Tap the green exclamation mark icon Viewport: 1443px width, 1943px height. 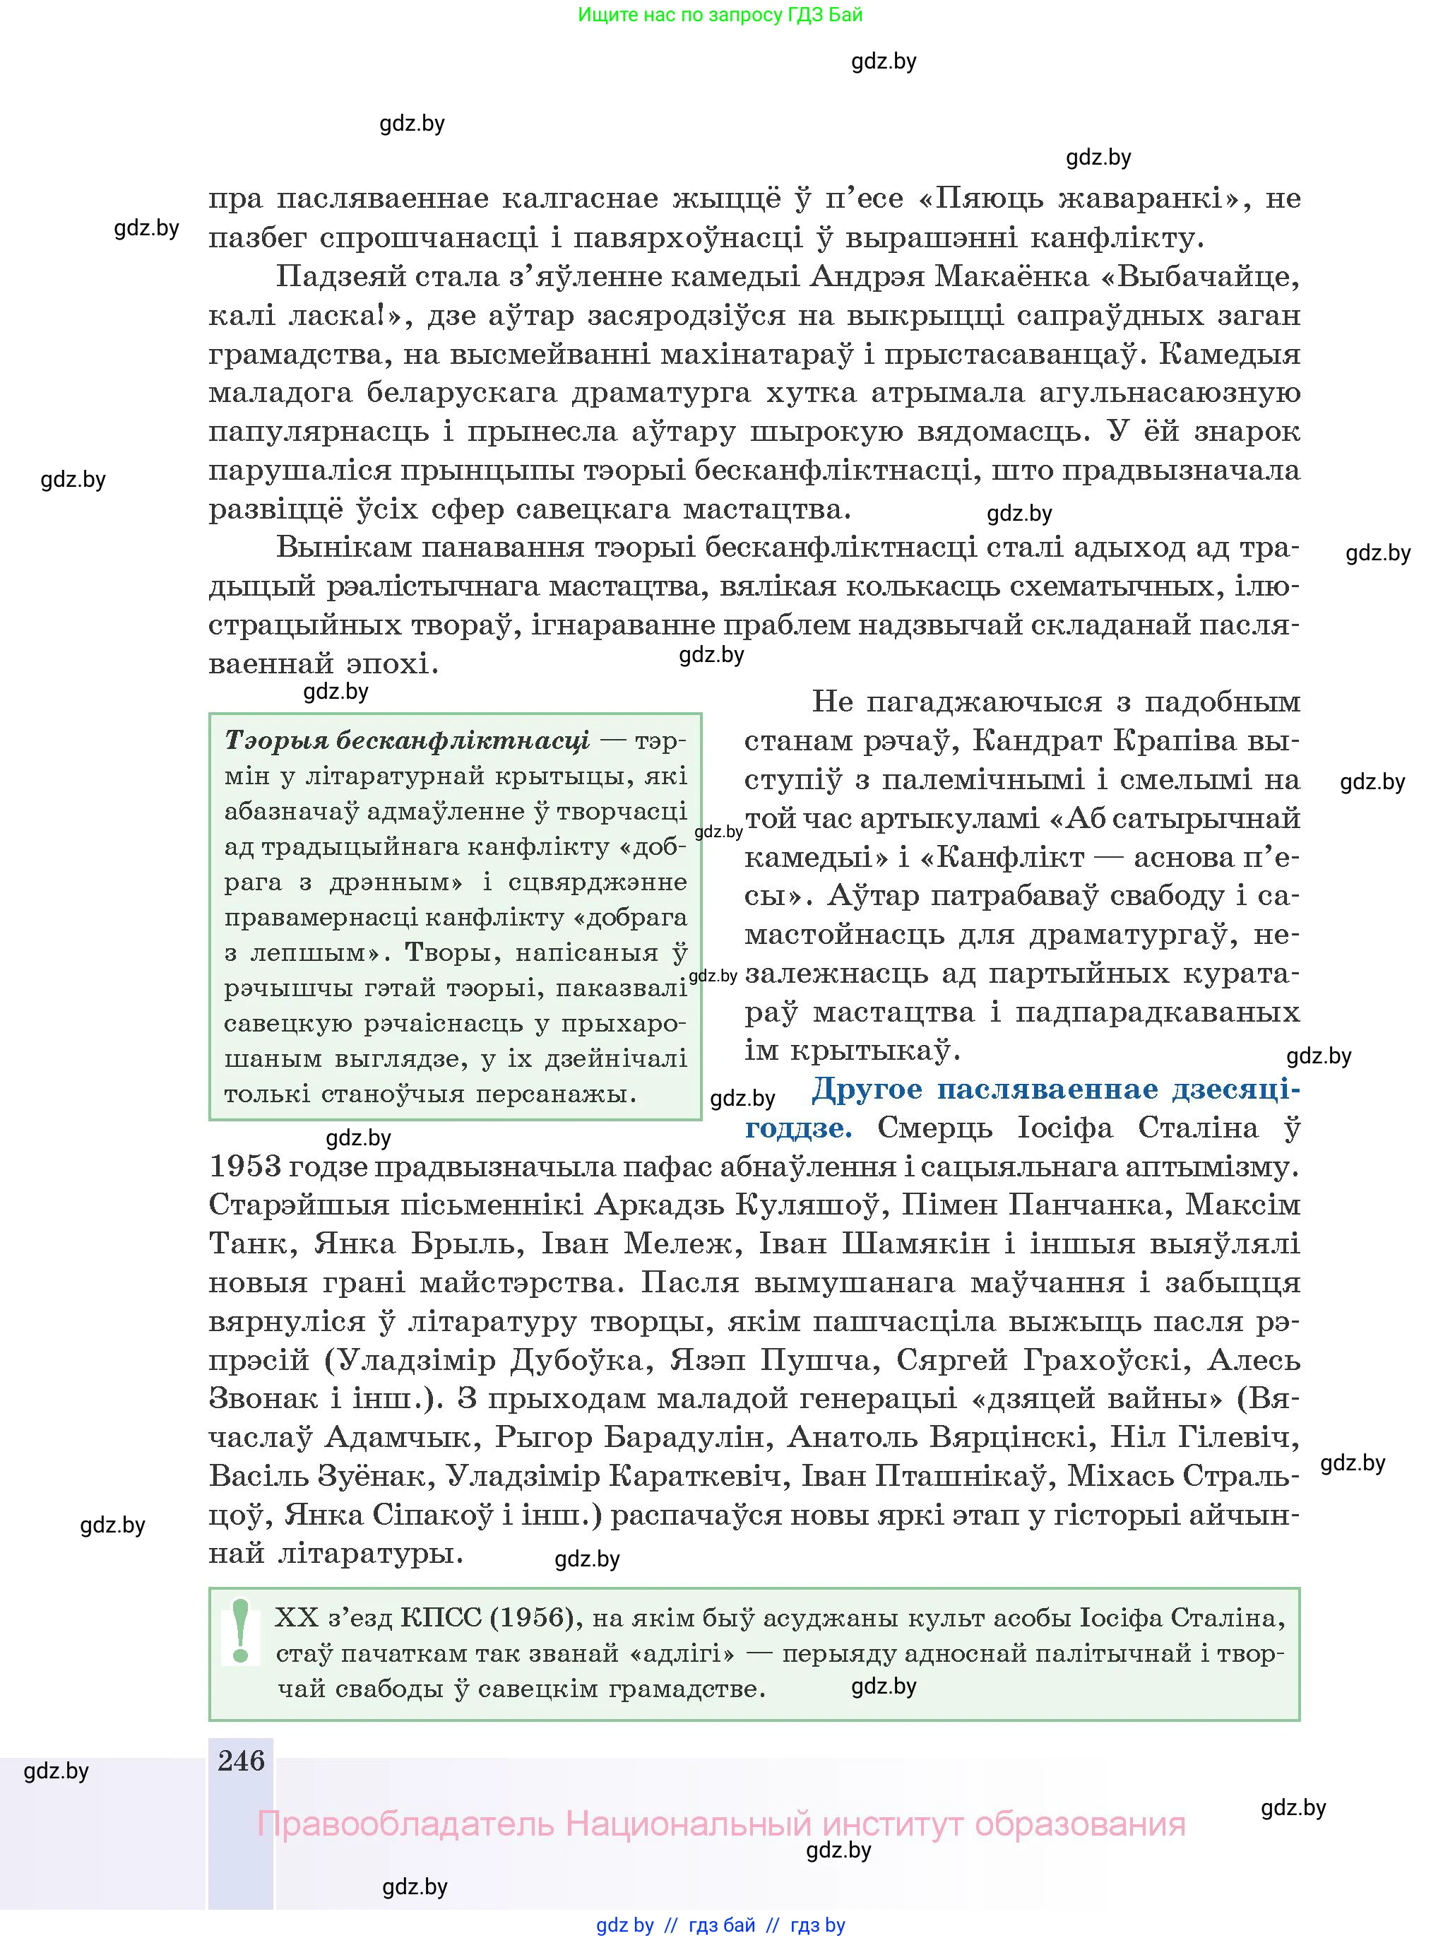(x=241, y=1630)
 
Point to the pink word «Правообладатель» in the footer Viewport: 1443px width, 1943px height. (x=405, y=1824)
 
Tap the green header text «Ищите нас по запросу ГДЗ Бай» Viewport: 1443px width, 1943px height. (x=720, y=15)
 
